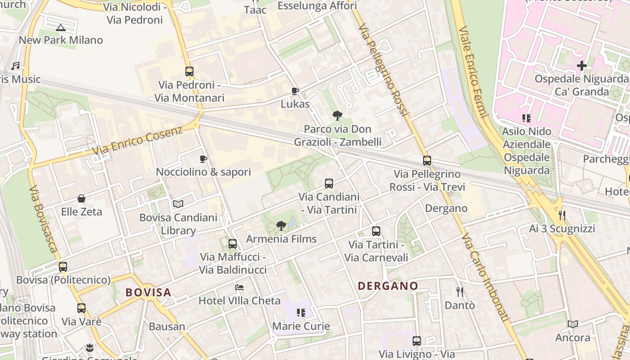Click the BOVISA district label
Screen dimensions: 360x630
[x=148, y=292]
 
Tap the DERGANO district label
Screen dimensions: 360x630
[x=388, y=286]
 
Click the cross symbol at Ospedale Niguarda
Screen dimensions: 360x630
[x=582, y=66]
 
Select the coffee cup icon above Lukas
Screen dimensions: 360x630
[x=295, y=91]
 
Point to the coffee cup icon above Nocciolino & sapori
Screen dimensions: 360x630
[x=203, y=159]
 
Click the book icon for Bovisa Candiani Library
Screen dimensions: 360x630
[x=178, y=204]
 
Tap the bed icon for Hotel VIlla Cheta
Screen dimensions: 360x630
[x=239, y=288]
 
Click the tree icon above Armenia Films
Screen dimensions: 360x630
[x=281, y=225]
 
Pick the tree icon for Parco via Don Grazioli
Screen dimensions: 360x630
[x=337, y=116]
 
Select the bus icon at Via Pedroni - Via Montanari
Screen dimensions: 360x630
[x=189, y=71]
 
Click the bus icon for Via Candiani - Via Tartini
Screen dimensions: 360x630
[x=329, y=184]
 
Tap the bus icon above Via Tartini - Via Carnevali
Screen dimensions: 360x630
[x=376, y=231]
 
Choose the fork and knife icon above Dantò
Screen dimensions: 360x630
[x=459, y=292]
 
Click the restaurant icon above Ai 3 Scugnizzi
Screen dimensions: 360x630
[x=562, y=216]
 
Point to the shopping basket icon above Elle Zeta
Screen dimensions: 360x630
[x=81, y=198]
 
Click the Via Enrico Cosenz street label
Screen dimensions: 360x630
[x=137, y=140]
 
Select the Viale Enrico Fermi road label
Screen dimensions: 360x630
[x=473, y=72]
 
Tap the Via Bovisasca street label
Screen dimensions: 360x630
[x=43, y=219]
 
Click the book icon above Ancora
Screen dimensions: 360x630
[x=573, y=324]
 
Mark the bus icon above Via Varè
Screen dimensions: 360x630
[x=81, y=308]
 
